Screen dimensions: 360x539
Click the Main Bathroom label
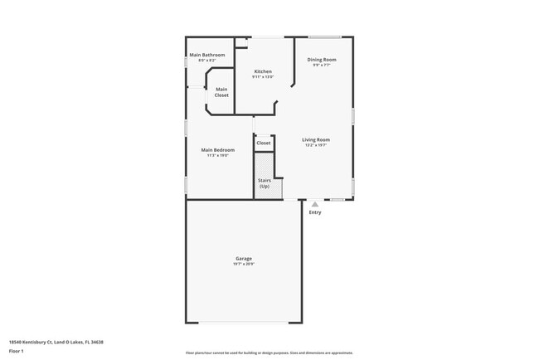pos(206,55)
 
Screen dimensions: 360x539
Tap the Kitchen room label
pos(263,71)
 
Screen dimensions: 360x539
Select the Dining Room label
pos(322,60)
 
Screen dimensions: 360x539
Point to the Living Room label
pos(316,139)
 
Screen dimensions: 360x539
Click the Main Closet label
pos(221,92)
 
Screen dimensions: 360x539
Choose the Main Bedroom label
pos(218,150)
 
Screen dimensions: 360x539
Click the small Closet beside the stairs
pos(264,143)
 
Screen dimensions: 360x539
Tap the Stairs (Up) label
pos(265,182)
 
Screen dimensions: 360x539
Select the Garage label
pos(243,259)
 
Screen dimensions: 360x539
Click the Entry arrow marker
pos(314,204)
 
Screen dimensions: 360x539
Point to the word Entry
pos(315,212)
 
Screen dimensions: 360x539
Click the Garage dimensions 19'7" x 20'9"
pos(243,265)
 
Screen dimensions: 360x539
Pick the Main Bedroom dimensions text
pos(218,156)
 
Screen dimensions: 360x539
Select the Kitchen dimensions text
pos(263,77)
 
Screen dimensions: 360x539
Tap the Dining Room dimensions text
pos(322,66)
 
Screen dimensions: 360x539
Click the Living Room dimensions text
pos(316,145)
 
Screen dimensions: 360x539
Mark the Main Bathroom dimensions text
pos(206,61)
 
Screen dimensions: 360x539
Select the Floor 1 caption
pos(17,351)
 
